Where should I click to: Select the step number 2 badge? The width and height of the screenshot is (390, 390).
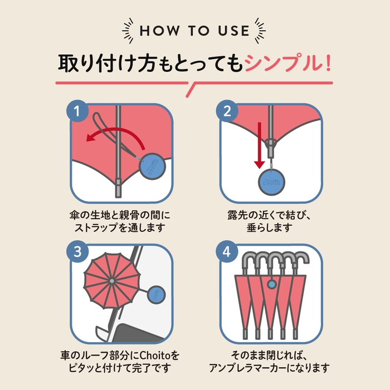227,111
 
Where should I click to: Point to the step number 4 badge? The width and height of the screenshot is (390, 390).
227,251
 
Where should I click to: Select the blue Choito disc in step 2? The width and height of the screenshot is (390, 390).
272,182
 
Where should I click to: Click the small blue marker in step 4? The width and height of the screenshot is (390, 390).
272,285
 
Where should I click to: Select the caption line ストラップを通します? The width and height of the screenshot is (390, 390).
120,228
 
